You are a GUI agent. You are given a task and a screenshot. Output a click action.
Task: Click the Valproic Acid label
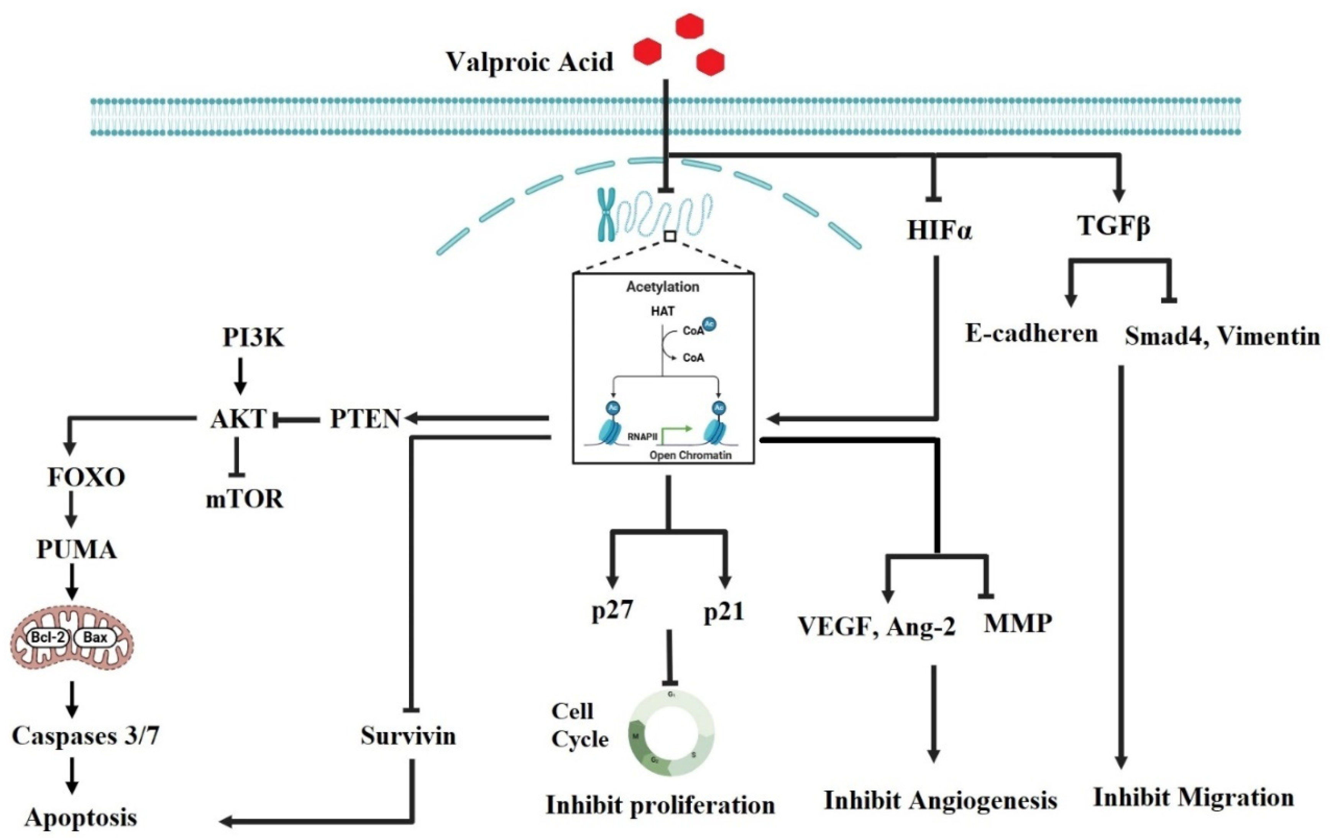tap(529, 62)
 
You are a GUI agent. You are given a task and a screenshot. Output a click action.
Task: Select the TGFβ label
tap(1113, 226)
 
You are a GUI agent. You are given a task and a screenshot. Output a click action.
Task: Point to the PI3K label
tap(253, 337)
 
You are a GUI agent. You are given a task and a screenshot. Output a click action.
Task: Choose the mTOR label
tap(245, 499)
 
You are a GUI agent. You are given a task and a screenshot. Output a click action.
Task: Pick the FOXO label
tap(86, 477)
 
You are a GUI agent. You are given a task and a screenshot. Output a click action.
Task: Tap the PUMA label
tap(77, 550)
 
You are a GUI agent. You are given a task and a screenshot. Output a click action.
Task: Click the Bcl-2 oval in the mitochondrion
tap(48, 638)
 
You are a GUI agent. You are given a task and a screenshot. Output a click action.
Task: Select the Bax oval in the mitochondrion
tap(95, 638)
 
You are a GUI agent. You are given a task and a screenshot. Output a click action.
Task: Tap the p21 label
tap(724, 612)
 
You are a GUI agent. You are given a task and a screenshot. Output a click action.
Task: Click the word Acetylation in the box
tap(662, 287)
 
